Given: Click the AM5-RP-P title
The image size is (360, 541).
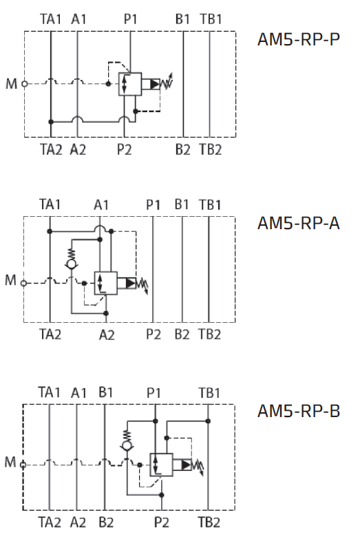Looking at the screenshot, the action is pos(299,39).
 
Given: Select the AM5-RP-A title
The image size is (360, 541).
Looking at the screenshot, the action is pos(299,223).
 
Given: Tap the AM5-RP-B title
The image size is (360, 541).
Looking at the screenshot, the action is pos(299,411).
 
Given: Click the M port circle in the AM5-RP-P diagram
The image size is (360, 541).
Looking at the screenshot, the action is pos(25,83).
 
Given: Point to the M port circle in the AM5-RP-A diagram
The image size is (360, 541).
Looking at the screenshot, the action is pos(23,284).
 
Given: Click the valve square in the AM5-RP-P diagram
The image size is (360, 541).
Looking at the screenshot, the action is pos(130,84).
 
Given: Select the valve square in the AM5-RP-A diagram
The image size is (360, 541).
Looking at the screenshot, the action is pos(106,284).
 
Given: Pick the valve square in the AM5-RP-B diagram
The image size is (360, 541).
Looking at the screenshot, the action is pos(161,465).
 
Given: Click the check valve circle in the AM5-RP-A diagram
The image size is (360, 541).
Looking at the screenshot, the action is pos(72,264).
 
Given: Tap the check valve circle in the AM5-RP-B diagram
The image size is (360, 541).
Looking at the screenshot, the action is pos(127,446).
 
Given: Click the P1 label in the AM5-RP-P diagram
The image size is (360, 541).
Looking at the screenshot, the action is pos(131,19).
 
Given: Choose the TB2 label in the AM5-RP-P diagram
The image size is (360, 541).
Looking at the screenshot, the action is pos(210,150).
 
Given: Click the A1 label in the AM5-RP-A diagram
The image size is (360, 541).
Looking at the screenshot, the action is pos(101,205).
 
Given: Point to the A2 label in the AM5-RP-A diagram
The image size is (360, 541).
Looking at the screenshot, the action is pos(107,335).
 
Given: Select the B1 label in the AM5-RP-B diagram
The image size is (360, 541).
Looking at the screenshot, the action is pos(105,392).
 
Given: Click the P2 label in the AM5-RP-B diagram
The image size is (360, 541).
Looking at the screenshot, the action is pos(162,522).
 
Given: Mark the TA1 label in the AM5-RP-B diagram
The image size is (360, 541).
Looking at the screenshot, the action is pos(49,392).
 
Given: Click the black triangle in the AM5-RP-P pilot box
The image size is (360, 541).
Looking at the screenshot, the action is pos(155,84).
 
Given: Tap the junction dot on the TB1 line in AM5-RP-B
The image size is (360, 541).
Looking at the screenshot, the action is pos(208,421).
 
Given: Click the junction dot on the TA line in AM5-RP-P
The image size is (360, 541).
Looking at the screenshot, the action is pos(51,122).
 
